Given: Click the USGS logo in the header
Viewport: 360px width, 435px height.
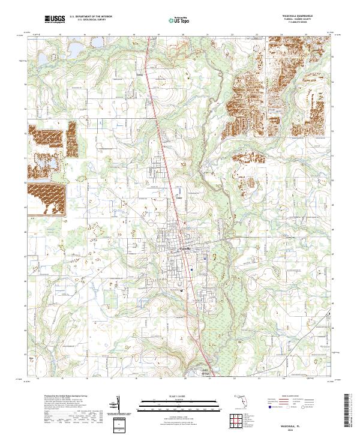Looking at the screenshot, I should tap(55, 20).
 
